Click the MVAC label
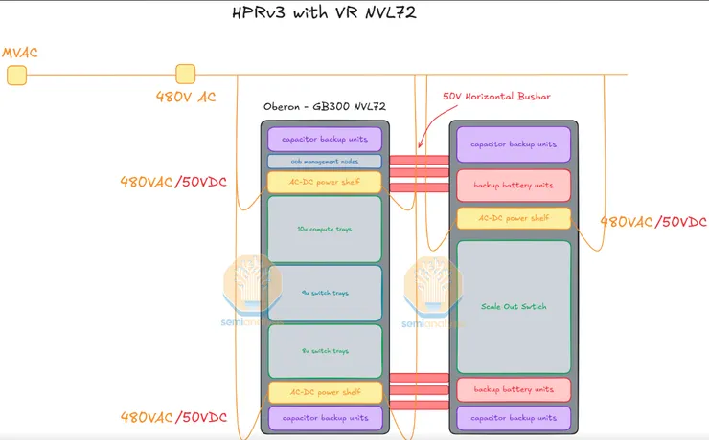(19, 52)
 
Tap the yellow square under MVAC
(16, 75)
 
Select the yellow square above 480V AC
(186, 74)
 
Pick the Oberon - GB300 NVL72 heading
(324, 106)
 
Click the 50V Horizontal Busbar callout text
(496, 97)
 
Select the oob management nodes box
(324, 162)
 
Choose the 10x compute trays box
(324, 230)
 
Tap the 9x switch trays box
(324, 293)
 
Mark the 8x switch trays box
(324, 351)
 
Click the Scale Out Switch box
(513, 306)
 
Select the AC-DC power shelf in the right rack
(513, 218)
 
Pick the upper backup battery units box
(513, 184)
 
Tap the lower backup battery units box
(513, 389)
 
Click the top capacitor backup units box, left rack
(324, 140)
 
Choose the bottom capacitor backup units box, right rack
(513, 418)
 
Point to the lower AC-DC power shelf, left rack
(324, 392)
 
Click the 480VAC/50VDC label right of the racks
(653, 222)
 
